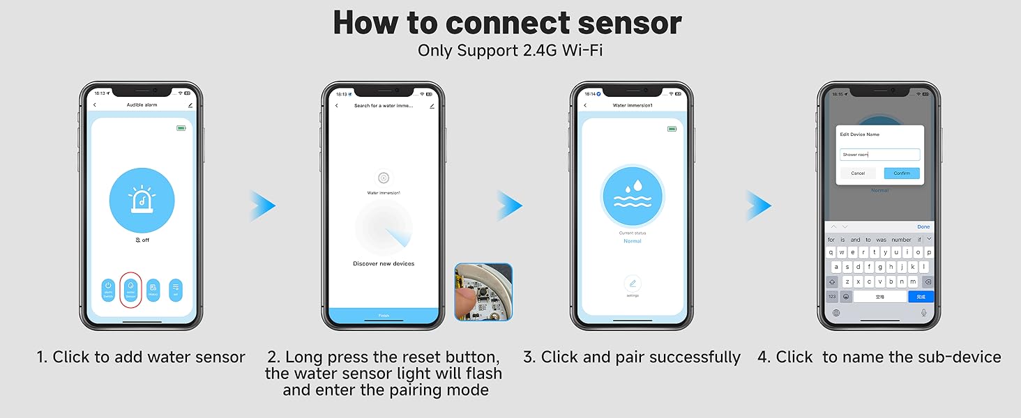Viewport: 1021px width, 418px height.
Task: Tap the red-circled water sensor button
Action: pos(130,290)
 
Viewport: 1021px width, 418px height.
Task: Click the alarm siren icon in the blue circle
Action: pos(142,201)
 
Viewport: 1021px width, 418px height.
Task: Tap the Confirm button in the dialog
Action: pos(902,173)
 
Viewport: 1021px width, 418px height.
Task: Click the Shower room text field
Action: pos(880,155)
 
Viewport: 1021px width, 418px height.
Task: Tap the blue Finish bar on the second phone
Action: pos(384,316)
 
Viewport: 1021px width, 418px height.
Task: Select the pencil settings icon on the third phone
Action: pos(633,284)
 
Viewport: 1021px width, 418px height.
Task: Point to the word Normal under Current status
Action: pos(633,241)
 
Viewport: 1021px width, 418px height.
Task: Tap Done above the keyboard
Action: pos(923,226)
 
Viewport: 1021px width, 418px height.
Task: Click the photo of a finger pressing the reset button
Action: pos(483,291)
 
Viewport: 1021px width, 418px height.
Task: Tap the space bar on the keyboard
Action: pos(880,297)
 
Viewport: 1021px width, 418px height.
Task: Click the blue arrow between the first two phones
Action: pos(264,206)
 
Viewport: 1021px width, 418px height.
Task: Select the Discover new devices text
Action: pos(384,263)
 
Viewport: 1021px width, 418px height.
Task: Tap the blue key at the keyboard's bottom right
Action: pos(920,297)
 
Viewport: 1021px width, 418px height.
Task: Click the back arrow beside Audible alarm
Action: pos(95,104)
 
